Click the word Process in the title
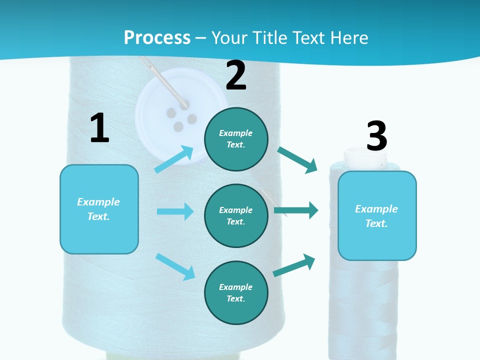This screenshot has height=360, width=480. (157, 37)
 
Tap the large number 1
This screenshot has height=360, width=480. (99, 128)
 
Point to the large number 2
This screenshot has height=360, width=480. (236, 75)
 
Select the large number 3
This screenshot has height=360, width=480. (376, 135)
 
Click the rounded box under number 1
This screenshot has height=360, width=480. (99, 209)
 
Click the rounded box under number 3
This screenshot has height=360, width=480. (377, 215)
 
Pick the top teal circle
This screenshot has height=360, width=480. (236, 139)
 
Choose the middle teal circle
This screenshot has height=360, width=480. (236, 215)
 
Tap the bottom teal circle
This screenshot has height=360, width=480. (236, 292)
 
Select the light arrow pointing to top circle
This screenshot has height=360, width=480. (174, 159)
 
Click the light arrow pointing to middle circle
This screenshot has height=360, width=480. (175, 211)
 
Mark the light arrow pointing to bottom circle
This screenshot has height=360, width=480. (175, 266)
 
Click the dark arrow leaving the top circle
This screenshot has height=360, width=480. (297, 160)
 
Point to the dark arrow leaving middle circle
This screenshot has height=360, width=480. (296, 210)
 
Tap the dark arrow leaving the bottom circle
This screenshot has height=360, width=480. (294, 265)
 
